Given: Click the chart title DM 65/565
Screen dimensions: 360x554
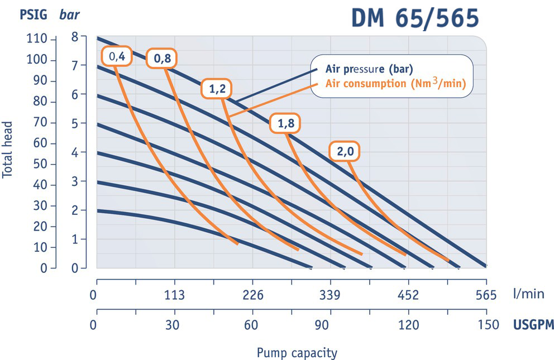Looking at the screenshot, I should (x=415, y=18).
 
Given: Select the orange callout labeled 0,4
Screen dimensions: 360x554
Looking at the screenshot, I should (x=116, y=56).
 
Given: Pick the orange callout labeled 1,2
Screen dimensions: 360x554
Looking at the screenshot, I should (x=216, y=89).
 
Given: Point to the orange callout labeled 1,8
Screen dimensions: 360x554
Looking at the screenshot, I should (x=286, y=124).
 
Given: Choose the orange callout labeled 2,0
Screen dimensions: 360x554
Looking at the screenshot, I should (x=345, y=151).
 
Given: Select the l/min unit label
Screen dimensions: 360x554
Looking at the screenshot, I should (x=527, y=295).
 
